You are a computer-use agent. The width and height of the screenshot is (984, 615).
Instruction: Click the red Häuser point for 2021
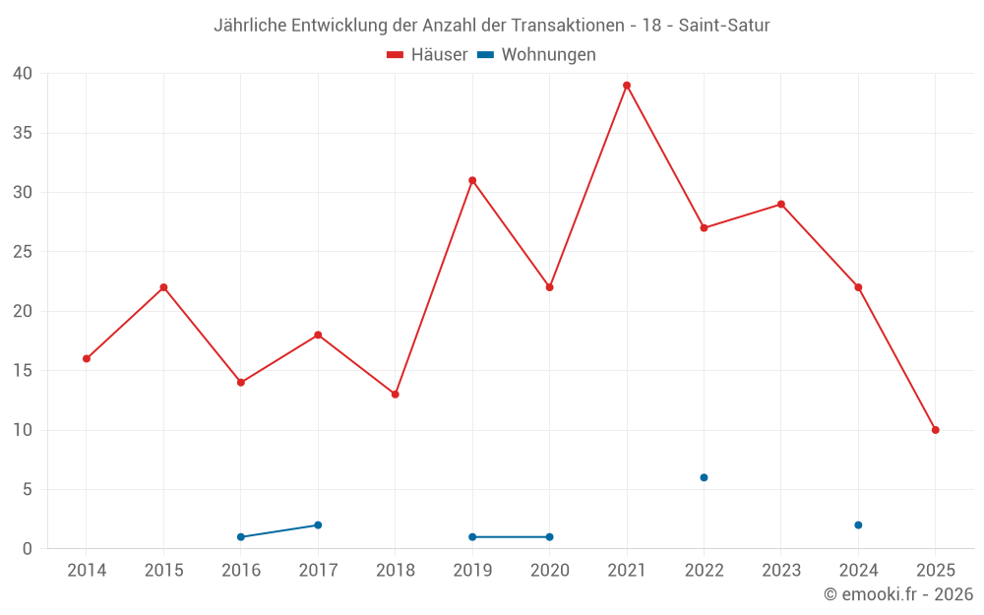pos(627,86)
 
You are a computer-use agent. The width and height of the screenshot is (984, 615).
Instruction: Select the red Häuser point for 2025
pos(936,430)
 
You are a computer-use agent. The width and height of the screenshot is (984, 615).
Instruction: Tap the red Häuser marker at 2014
pos(87,358)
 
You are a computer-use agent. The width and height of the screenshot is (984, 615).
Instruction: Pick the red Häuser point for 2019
pos(472,180)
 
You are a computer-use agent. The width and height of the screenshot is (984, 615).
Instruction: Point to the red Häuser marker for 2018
pos(396,395)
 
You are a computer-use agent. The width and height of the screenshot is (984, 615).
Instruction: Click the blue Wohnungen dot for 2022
pos(704,477)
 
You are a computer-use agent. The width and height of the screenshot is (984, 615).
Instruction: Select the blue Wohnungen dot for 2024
pos(858,525)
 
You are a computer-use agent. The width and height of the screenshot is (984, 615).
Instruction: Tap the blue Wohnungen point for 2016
pos(241,537)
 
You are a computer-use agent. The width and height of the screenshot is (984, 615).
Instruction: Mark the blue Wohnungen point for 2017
pos(318,525)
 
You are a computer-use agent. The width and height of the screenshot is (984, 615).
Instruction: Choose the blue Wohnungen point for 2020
pos(549,537)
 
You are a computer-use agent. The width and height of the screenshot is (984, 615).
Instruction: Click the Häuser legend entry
pos(427,55)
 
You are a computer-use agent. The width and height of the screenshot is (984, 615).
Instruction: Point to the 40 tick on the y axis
pos(23,74)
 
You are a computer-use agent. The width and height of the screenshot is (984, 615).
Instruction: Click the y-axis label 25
pos(23,252)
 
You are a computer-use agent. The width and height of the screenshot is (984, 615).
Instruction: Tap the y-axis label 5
pos(28,490)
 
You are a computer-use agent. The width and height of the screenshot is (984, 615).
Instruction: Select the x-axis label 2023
pos(781,571)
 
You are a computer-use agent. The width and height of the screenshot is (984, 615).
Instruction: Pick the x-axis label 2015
pos(163,571)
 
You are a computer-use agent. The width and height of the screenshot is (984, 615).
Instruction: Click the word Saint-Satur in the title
pos(724,26)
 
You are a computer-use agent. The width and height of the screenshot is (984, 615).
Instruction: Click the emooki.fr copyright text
pos(897,594)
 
